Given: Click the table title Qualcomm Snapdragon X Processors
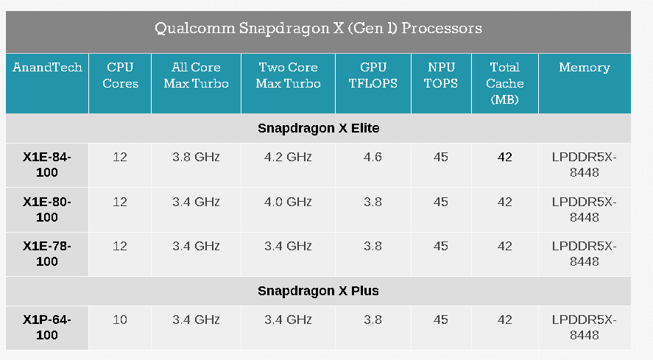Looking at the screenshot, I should tap(318, 29).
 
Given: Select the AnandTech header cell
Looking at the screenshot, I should tap(47, 68).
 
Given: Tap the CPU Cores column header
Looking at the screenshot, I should tap(120, 75).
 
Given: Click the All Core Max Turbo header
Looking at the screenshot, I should tap(196, 75).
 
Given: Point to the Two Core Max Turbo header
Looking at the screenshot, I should tap(288, 75).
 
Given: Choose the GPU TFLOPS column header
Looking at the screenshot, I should tap(373, 75).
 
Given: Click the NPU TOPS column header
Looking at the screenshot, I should tap(441, 75).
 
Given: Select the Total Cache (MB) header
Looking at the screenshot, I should tap(504, 83).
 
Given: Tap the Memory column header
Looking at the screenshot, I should tap(585, 68).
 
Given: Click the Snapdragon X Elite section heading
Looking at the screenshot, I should tap(318, 128).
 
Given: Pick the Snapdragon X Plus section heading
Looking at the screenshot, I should tap(318, 291).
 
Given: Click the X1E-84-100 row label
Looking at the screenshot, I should tap(47, 165).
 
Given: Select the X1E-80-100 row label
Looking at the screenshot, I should tap(47, 209).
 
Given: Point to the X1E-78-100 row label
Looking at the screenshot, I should tap(47, 253).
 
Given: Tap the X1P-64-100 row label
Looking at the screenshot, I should tap(47, 327).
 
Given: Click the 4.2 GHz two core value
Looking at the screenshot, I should tap(288, 158).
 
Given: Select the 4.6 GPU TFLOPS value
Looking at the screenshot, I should tap(373, 158).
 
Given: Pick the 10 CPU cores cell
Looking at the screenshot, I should tap(120, 320).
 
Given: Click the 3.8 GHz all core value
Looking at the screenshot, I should tap(196, 158).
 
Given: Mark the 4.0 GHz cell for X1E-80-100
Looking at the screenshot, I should tap(288, 202).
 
